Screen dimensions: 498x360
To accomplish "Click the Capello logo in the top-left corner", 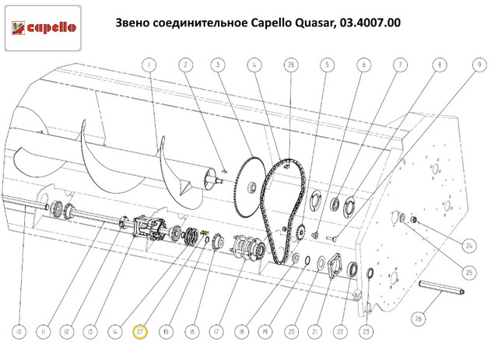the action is [x=44, y=28].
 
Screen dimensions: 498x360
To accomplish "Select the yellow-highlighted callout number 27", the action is [x=140, y=332].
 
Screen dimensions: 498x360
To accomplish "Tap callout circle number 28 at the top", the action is [x=291, y=65].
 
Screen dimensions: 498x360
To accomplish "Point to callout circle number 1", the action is [x=149, y=65].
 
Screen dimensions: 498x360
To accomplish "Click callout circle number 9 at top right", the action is [x=479, y=65].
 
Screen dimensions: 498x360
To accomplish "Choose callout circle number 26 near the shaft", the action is [x=419, y=318].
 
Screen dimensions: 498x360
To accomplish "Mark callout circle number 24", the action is [x=469, y=246].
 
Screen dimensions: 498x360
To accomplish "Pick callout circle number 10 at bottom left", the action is [x=19, y=332].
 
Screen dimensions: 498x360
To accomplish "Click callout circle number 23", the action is [x=366, y=332].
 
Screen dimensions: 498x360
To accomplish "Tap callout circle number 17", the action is [x=216, y=332].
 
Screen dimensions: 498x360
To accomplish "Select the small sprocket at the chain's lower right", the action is [x=300, y=233].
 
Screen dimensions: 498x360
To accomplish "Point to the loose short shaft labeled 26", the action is [x=441, y=287].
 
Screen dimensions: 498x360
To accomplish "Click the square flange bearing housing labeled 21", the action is [x=335, y=266].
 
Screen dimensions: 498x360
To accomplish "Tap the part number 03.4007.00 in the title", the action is [x=370, y=23].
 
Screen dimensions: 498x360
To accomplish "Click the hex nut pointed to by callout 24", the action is [x=413, y=219].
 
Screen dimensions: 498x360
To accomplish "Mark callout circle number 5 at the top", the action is [x=327, y=65].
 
